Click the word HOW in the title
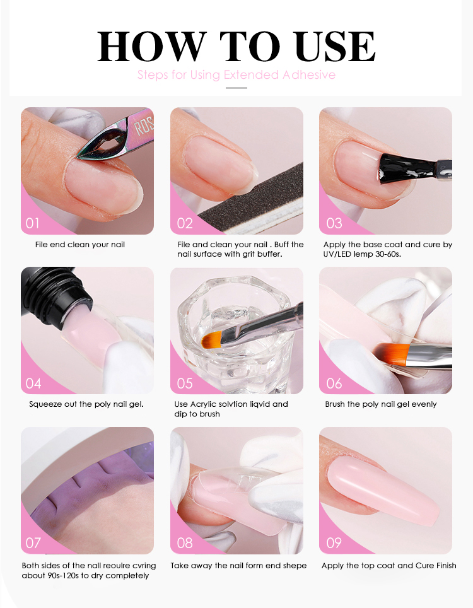[151, 47]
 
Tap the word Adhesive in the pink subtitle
[308, 74]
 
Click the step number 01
[33, 223]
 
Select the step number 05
[185, 383]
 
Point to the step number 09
[334, 542]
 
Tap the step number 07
[33, 542]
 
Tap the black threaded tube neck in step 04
[58, 296]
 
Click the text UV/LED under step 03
[337, 254]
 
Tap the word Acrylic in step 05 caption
[204, 404]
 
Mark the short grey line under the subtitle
[237, 88]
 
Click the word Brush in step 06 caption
[335, 404]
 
